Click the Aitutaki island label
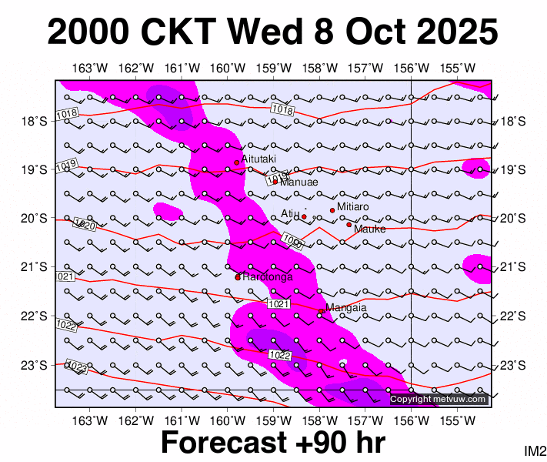click(x=258, y=159)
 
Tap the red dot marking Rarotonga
click(x=238, y=276)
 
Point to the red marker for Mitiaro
click(x=332, y=210)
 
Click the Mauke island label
click(x=369, y=229)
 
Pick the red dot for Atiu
click(x=304, y=216)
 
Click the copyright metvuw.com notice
click(x=439, y=399)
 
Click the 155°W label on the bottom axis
click(x=458, y=420)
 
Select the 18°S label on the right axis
click(x=512, y=121)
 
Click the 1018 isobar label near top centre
click(x=283, y=111)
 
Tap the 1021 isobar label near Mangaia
click(x=279, y=306)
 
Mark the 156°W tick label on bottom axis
click(x=412, y=420)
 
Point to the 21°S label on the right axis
click(x=512, y=267)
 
